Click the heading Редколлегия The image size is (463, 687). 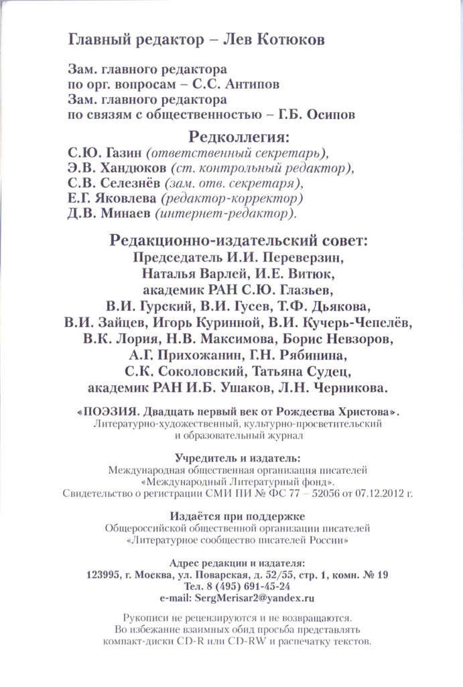[239, 138]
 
